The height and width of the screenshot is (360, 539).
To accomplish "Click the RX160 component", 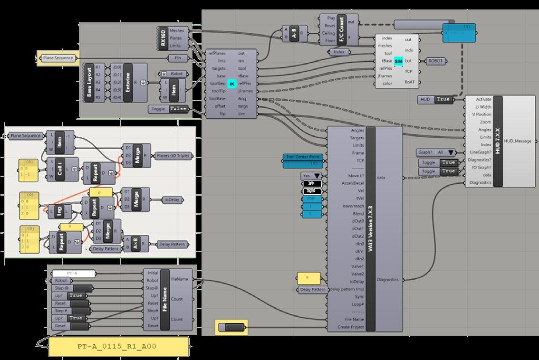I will pyautogui.click(x=164, y=38).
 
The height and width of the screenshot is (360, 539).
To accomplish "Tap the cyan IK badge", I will pyautogui.click(x=232, y=84).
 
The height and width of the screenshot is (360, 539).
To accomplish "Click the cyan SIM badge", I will pyautogui.click(x=398, y=61).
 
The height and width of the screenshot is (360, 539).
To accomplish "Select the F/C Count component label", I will pyautogui.click(x=341, y=29).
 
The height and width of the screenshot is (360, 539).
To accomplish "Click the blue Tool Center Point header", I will pyautogui.click(x=304, y=157).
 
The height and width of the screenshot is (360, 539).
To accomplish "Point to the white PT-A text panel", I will pyautogui.click(x=74, y=273).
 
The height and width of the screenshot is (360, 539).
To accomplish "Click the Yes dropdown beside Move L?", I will pyautogui.click(x=312, y=176).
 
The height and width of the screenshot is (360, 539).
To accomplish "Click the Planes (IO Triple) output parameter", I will pyautogui.click(x=174, y=155).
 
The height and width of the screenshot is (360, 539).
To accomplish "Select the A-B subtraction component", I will pyautogui.click(x=294, y=35).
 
